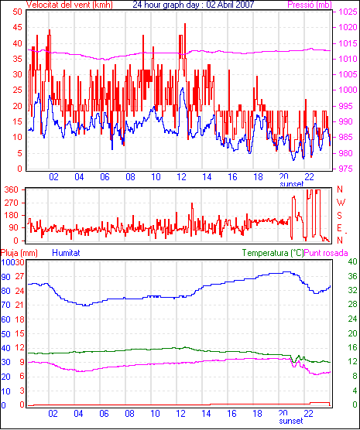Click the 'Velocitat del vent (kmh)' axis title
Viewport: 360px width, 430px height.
coord(69,5)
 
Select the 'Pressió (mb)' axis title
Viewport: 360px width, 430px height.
coord(310,5)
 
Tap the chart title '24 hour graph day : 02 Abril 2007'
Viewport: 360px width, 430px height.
coord(194,5)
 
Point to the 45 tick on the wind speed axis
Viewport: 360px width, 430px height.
coord(18,27)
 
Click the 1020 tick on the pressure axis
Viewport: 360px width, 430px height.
coord(348,27)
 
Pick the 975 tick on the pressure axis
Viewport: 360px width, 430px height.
coord(348,169)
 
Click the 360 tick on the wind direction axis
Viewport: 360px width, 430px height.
coord(12,189)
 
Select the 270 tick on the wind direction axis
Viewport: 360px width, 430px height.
coord(12,203)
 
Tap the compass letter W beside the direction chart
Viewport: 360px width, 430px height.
coord(341,203)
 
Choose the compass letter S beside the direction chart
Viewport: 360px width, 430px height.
coord(340,216)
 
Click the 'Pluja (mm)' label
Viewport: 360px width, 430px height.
coord(19,253)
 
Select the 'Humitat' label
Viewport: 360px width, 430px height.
coord(66,253)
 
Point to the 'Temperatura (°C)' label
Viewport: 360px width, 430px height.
coord(273,253)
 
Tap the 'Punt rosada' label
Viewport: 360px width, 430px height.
coord(326,253)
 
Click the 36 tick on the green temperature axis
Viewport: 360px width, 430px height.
coord(352,276)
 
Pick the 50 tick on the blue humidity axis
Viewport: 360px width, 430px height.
coord(5,334)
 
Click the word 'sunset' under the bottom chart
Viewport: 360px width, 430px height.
coord(291,421)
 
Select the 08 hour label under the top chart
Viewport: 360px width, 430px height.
coord(130,177)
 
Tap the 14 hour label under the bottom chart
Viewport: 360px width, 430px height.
coord(207,413)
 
